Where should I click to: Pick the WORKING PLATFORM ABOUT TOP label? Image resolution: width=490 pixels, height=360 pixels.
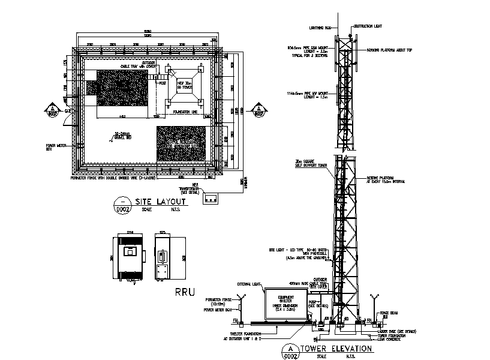388,51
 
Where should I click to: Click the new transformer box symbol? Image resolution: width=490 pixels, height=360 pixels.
211,199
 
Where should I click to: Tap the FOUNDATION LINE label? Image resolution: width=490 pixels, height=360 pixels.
185,112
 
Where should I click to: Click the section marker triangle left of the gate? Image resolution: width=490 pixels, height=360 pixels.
51,109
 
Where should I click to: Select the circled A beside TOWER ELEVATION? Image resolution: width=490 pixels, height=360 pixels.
290,348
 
